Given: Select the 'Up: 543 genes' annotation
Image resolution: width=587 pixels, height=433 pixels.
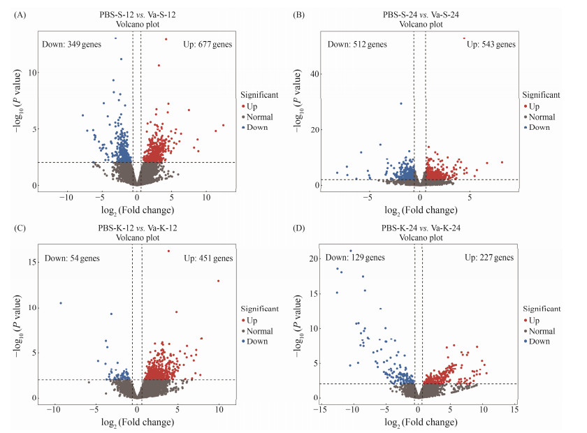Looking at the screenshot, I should click(x=491, y=45).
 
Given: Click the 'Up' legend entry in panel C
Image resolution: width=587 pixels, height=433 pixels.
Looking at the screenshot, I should click(x=254, y=319).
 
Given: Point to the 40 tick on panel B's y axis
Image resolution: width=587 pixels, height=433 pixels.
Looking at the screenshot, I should click(x=314, y=74).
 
